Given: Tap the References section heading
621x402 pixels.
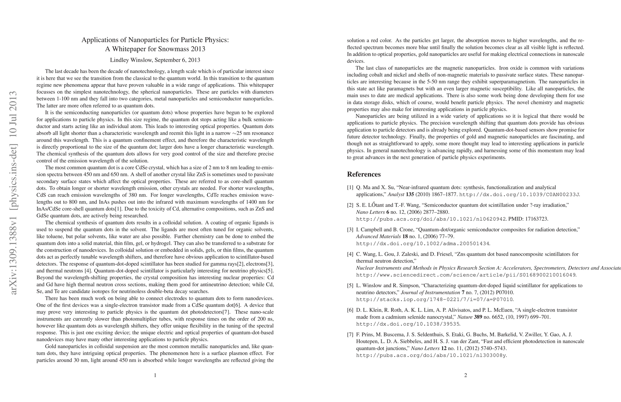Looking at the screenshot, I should coord(364,174).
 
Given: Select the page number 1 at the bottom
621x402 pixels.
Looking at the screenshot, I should coord(155,376).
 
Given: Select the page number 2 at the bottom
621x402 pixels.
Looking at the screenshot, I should coord(466,376).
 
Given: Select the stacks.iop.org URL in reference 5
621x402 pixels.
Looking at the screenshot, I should coord(434,299).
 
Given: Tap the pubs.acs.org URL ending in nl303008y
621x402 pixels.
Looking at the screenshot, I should coord(431,355).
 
